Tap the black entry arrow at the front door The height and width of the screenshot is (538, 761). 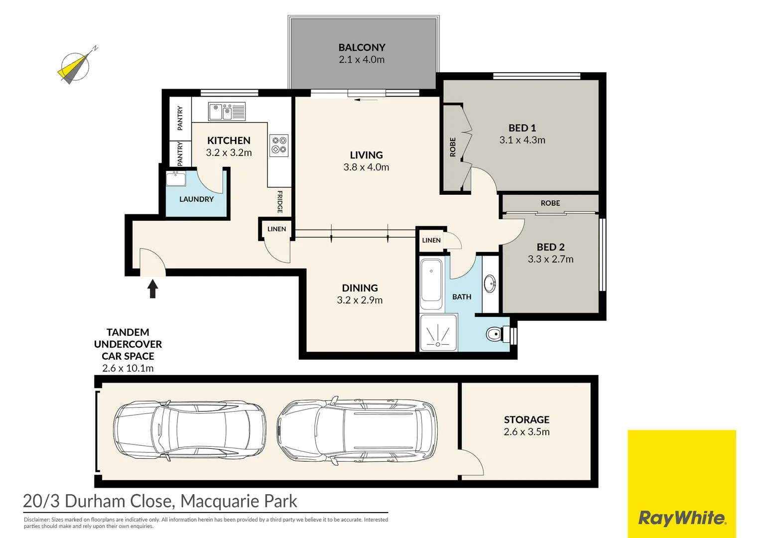click(153, 288)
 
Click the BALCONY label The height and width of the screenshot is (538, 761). click(362, 48)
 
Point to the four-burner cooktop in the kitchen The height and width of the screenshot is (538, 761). click(279, 145)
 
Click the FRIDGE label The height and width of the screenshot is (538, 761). click(280, 202)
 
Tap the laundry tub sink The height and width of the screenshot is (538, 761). click(176, 178)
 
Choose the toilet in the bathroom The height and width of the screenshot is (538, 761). click(494, 334)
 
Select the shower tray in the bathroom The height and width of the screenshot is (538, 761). click(438, 332)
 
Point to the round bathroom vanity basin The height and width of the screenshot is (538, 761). click(490, 284)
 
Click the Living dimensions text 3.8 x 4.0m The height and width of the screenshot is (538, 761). click(366, 167)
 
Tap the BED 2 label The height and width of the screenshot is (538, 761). click(550, 247)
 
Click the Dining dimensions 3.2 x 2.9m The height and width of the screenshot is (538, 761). click(360, 300)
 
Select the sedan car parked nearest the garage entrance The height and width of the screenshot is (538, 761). click(189, 430)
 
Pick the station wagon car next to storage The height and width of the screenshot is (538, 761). click(358, 430)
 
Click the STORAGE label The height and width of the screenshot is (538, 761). click(526, 420)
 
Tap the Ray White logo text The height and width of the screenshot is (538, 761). click(682, 518)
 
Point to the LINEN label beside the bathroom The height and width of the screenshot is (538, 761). click(431, 240)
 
